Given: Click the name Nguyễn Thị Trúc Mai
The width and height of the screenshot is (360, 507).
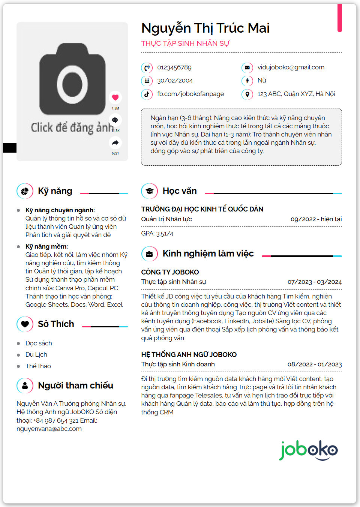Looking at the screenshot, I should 205,28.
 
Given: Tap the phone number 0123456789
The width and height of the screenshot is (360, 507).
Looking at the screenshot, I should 174,67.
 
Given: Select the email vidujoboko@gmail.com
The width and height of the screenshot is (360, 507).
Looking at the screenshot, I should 291,67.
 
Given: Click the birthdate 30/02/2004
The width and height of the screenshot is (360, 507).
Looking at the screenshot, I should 175,81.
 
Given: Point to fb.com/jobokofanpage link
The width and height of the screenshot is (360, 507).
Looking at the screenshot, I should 190,94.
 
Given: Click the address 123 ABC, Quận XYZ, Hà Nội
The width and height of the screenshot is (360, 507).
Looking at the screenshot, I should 296,94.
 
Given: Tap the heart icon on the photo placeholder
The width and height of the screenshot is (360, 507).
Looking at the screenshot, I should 115,97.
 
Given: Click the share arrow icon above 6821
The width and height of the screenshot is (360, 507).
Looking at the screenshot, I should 115,142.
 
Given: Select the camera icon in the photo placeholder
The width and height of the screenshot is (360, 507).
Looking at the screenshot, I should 72,83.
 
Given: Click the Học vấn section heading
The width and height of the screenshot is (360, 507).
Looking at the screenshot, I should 179,191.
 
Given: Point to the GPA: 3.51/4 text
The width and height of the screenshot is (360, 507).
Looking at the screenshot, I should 157,234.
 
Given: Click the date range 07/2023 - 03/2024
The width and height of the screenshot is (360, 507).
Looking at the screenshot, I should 315,282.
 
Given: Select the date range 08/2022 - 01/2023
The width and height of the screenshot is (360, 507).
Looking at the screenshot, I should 315,364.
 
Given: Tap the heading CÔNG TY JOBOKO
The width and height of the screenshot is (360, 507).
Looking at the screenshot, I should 170,272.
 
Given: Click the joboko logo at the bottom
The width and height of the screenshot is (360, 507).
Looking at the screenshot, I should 308,450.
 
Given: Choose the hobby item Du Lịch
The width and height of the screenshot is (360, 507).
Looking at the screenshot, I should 36,355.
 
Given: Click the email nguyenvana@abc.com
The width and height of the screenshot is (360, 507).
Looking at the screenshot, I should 49,429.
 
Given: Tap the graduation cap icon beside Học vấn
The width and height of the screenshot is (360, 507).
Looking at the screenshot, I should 149,191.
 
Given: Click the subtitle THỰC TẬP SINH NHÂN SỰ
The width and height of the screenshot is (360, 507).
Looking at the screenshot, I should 185,43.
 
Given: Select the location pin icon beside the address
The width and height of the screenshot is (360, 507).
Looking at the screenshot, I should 247,94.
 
